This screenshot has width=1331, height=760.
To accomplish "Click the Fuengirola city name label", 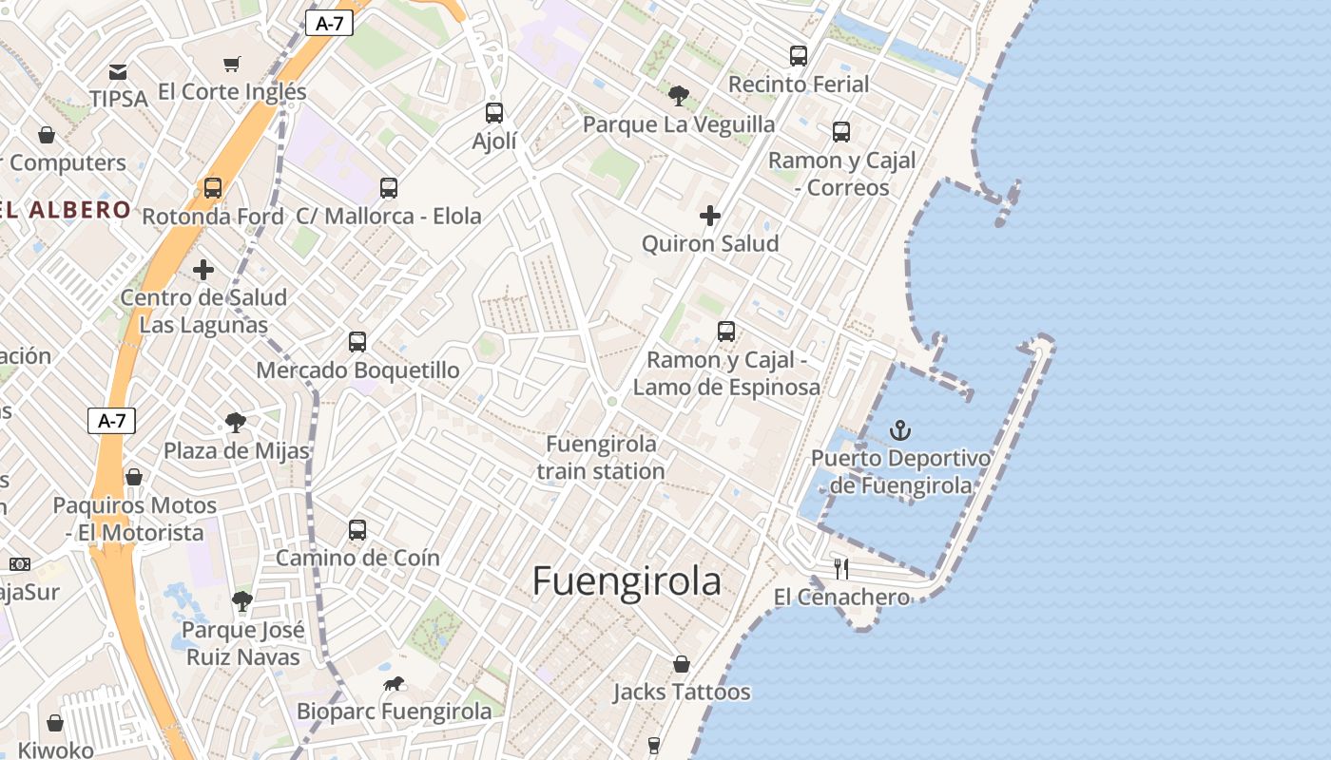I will point(627,581).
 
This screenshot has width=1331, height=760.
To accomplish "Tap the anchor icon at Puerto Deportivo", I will point(899,431).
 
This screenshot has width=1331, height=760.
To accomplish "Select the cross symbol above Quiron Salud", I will point(710,217).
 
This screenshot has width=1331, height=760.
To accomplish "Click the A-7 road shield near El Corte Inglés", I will point(329,24).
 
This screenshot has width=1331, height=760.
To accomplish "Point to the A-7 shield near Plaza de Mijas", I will point(112,420).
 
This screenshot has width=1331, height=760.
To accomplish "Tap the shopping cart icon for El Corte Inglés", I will point(232,65).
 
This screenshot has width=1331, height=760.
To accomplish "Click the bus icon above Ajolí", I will point(494,113).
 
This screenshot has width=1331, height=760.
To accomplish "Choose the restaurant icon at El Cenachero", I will point(841,569).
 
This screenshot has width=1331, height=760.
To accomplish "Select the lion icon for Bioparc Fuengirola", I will point(394,684).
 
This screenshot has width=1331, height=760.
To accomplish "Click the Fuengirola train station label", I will point(601,457).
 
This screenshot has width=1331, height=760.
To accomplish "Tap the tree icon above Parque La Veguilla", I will point(679,95).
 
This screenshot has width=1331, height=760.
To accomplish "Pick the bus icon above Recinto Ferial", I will point(799,56).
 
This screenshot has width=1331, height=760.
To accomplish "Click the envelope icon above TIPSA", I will point(118,72).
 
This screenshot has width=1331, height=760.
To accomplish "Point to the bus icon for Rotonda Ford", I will point(213,188).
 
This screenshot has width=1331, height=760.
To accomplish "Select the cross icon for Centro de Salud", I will point(203,271).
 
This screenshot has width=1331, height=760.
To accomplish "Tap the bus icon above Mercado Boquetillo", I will point(357,342).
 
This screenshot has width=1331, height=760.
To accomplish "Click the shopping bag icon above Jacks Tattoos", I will point(682,664).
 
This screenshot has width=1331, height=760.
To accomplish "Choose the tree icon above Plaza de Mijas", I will point(236,423).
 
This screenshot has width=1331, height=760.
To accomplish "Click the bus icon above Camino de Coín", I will point(357,530).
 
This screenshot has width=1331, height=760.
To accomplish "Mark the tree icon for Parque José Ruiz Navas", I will point(242,601).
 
